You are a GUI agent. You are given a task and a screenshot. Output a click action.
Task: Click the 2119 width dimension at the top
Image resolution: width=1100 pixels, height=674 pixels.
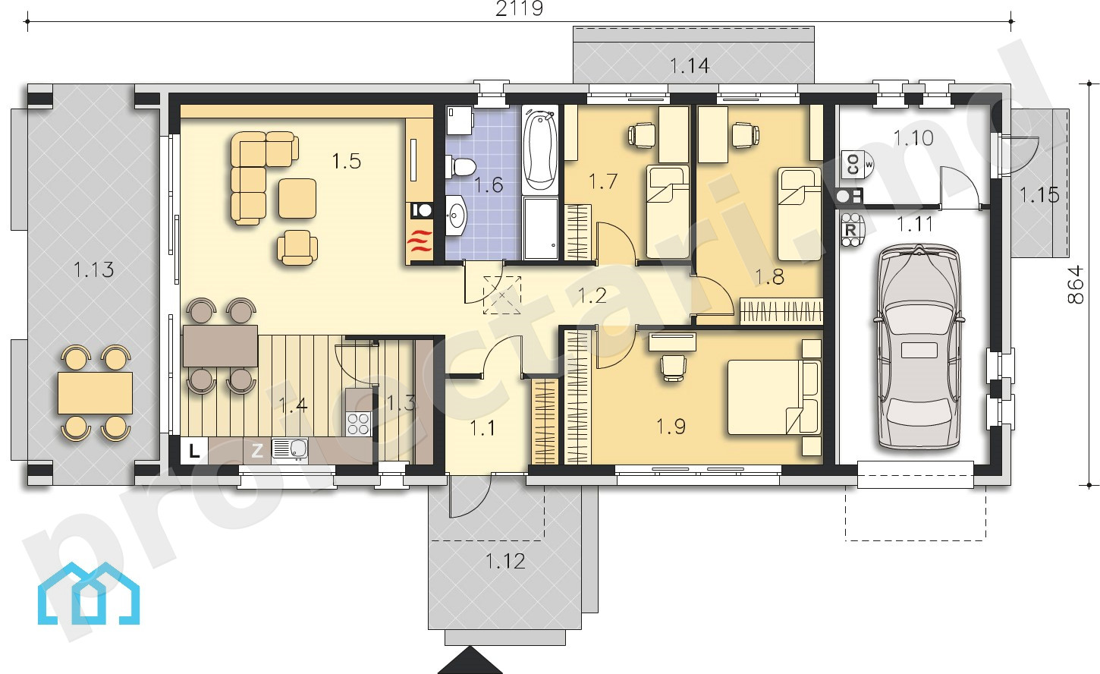tap(519, 8)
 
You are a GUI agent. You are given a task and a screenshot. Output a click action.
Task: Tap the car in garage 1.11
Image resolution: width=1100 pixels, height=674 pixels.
tap(918, 347)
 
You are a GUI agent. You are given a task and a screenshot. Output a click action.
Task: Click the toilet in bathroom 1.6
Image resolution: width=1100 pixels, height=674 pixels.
tap(460, 167)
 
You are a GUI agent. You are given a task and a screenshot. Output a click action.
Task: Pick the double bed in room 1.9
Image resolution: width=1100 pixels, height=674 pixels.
tap(774, 398)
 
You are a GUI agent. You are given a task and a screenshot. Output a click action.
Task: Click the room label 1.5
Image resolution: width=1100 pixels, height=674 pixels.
tap(346, 161)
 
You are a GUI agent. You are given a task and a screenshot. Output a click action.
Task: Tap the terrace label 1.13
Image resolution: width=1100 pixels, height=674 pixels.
tap(93, 269)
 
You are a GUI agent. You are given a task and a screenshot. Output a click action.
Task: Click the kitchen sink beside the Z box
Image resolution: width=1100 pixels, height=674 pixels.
tap(290, 449)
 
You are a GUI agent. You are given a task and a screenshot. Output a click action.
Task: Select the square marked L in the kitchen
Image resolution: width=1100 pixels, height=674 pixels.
tap(194, 451)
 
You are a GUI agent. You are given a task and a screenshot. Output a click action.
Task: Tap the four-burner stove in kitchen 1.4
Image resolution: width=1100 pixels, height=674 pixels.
tap(358, 424)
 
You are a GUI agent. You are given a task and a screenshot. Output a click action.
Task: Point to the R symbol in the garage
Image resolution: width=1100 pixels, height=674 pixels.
tap(851, 229)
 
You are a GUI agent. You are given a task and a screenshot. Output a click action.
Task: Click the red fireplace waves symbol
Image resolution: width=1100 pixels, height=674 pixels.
tap(420, 242)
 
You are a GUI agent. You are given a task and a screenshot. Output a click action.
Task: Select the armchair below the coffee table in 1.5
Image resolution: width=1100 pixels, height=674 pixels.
tap(297, 247)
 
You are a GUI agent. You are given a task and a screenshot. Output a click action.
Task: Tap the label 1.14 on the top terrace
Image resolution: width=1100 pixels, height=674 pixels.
tap(690, 66)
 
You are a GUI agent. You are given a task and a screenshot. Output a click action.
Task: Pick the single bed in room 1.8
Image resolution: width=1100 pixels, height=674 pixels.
tap(800, 214)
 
